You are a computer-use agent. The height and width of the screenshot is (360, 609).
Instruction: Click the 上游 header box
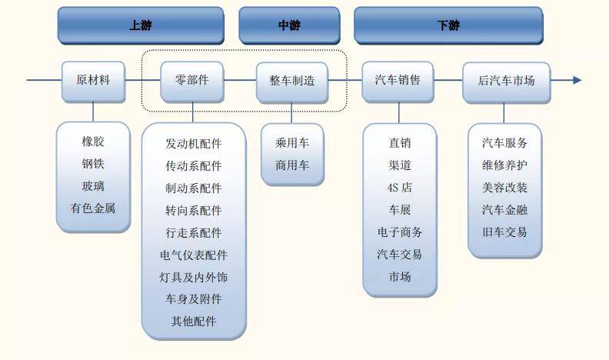pos(141,25)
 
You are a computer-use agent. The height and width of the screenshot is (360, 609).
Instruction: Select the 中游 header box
pos(289,25)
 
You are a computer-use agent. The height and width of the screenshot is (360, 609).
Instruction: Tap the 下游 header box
pos(448,25)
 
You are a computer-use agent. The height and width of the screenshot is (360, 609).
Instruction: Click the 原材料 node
pos(93,81)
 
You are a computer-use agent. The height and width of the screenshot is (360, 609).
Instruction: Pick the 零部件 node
pos(192,81)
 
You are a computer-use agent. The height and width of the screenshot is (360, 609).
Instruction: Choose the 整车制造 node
pos(291,81)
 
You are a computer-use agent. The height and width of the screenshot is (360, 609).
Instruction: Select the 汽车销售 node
pos(398,81)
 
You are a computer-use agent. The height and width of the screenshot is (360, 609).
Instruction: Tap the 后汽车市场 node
pos(506,81)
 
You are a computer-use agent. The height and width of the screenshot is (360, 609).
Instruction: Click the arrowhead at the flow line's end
pos(577,80)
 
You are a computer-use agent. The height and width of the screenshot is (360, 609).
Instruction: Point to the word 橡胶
pos(93,142)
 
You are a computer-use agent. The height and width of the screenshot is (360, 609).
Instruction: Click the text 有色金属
pos(93,208)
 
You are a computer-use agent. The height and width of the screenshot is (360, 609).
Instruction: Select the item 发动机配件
pos(193,144)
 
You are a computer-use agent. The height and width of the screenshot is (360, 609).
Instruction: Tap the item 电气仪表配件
pos(193,255)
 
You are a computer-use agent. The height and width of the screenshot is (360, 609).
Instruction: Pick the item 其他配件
pos(193,322)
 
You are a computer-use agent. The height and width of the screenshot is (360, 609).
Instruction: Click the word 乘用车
pos(292,142)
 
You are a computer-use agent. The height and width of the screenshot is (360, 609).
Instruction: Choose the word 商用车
pos(292,165)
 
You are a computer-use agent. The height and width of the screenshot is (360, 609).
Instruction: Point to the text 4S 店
pos(399,187)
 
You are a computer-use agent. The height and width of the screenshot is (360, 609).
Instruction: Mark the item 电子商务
pos(399,232)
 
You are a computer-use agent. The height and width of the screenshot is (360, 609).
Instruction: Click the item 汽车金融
pos(504,209)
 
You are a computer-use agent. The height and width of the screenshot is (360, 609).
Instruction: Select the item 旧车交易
pos(504,232)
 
